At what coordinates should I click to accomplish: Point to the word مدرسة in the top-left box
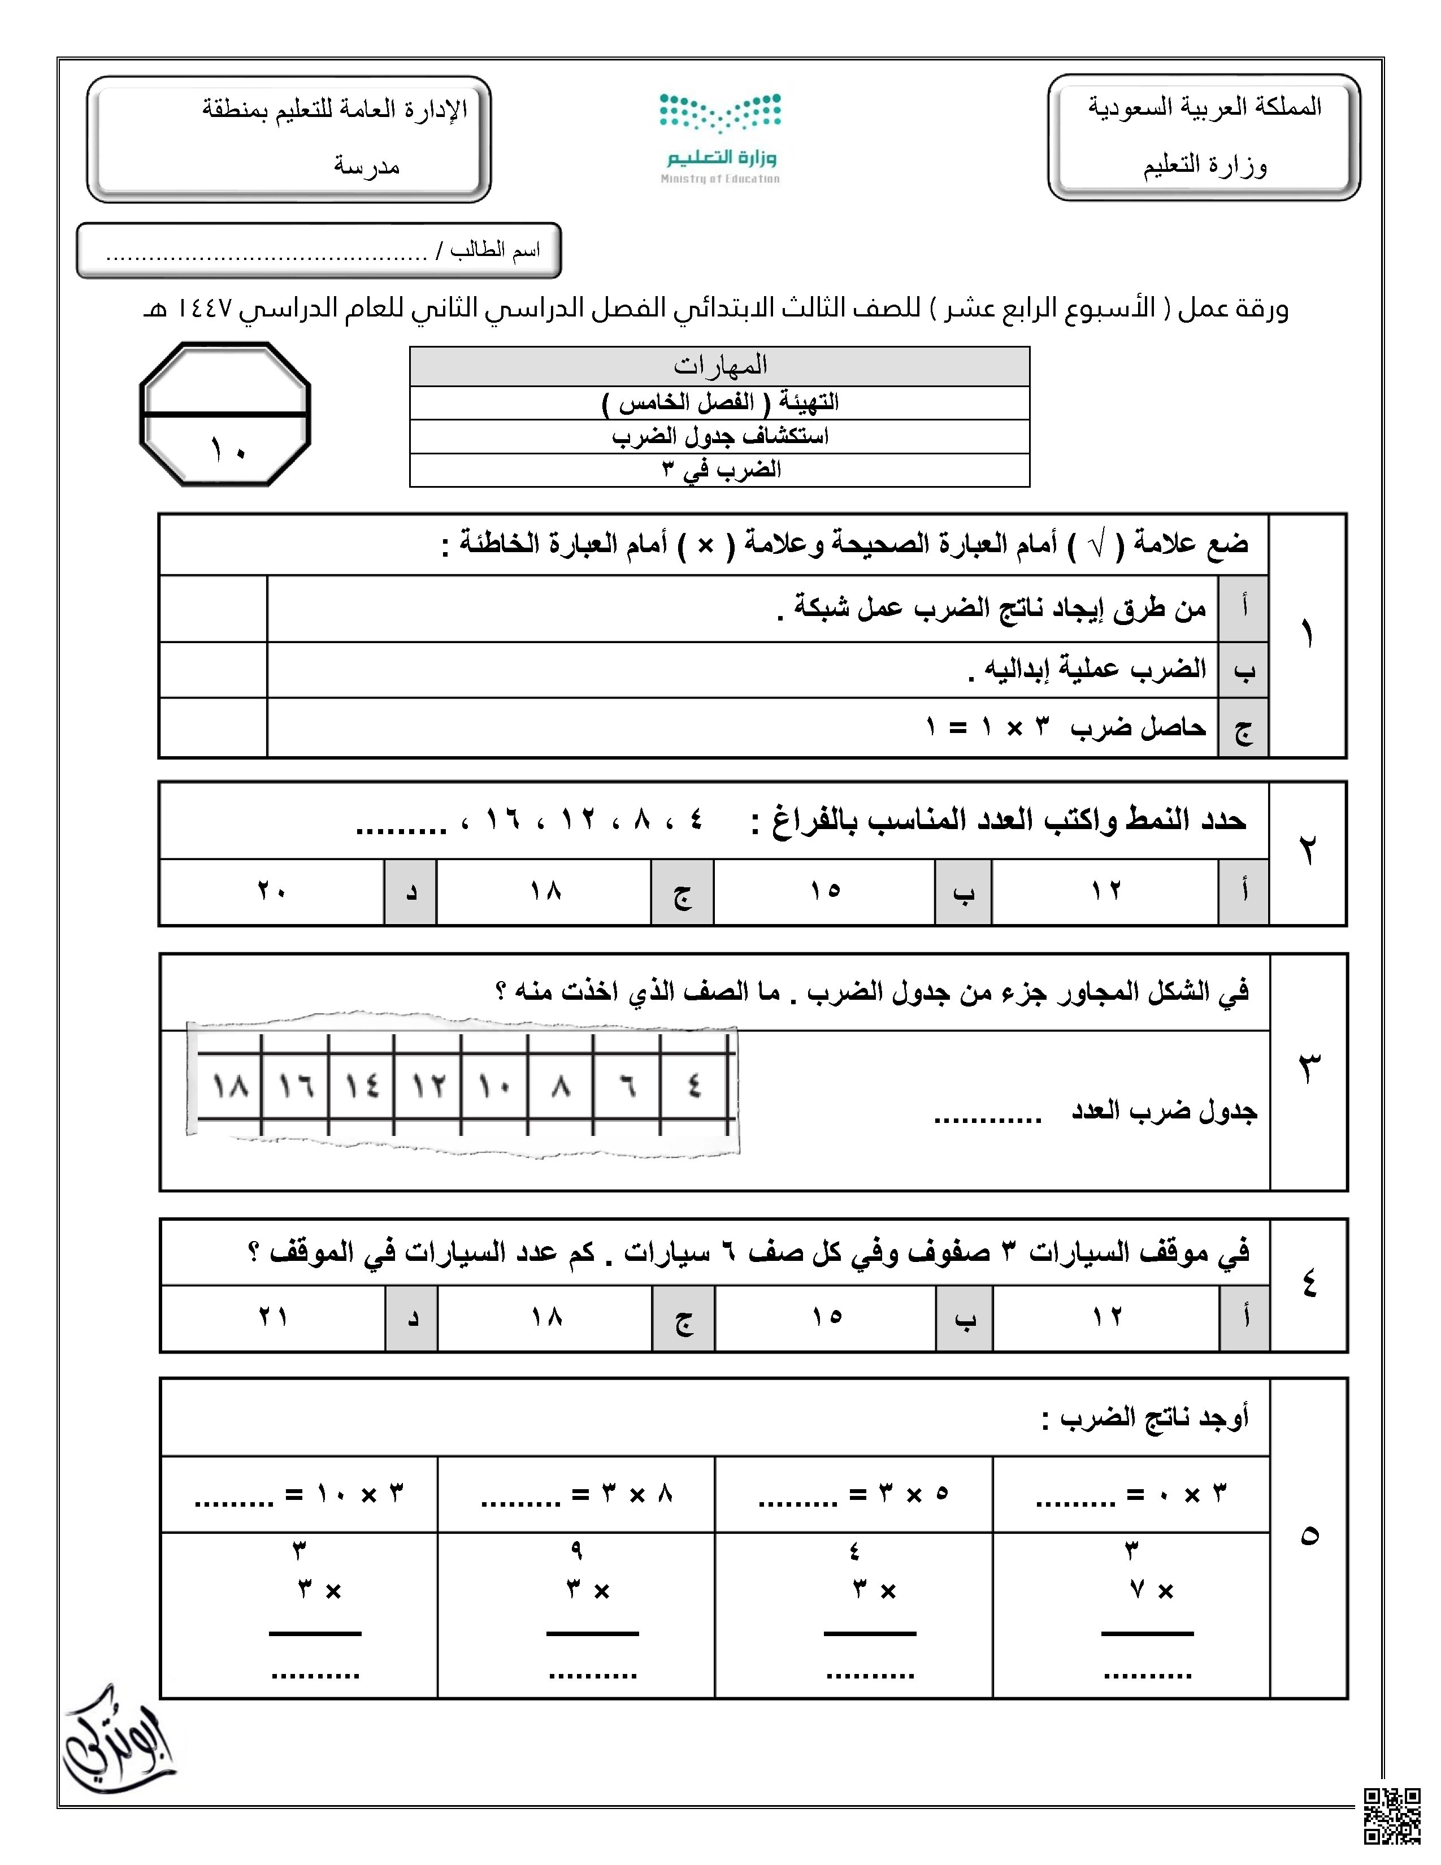(x=367, y=166)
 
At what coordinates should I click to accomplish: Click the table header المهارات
(x=719, y=366)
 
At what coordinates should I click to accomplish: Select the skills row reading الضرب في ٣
(x=719, y=470)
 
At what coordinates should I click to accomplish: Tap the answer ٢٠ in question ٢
(x=271, y=891)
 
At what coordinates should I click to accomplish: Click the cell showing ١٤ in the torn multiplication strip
(x=362, y=1087)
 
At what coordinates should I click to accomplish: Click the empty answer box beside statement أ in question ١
(x=214, y=609)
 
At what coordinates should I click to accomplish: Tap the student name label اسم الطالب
(x=495, y=250)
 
